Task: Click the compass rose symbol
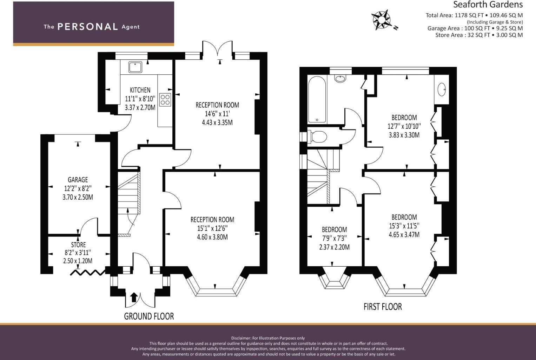(381, 20)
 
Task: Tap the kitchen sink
(135, 67)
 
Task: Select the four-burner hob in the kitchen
(165, 99)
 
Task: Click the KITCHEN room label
(140, 90)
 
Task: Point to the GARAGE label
(78, 180)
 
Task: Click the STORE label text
(78, 245)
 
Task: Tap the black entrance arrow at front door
(134, 297)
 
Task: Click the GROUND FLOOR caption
(149, 316)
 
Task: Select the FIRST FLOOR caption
(383, 307)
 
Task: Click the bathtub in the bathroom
(317, 100)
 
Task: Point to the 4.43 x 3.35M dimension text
(217, 122)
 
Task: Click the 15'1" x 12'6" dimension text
(212, 228)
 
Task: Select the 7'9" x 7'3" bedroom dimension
(334, 238)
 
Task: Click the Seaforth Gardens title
(488, 5)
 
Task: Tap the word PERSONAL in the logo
(87, 27)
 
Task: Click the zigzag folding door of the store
(88, 272)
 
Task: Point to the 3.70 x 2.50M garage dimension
(78, 197)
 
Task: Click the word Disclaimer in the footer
(241, 338)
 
